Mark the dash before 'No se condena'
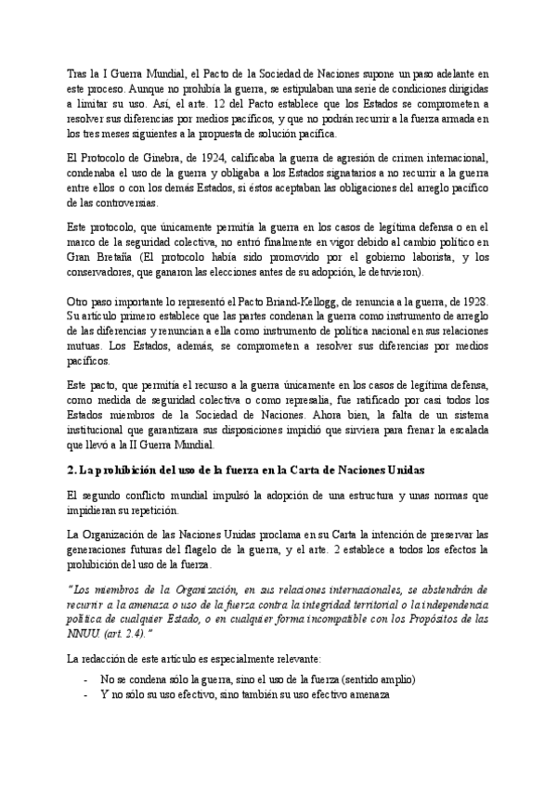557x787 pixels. coord(86,678)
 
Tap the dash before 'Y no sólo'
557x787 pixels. coord(86,693)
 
